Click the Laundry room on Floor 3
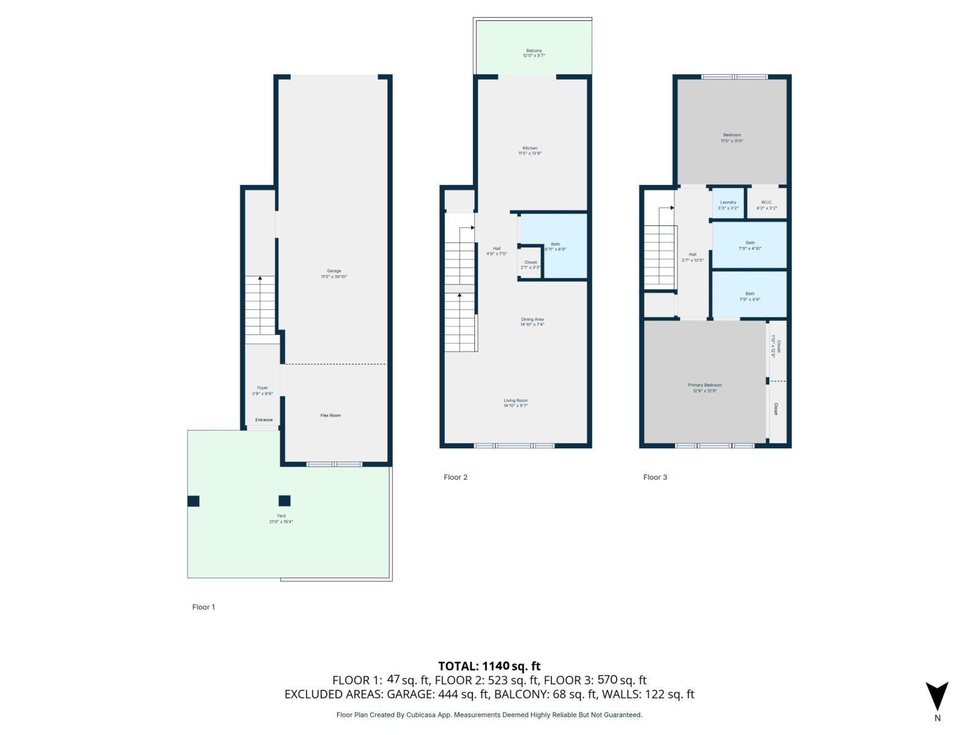(x=728, y=205)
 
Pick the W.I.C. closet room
(x=767, y=205)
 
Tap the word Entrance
(x=264, y=420)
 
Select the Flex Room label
(x=330, y=415)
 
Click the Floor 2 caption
(x=455, y=477)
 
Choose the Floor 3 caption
(x=655, y=477)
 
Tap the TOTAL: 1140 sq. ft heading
(x=489, y=666)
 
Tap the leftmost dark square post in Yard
(x=193, y=501)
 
